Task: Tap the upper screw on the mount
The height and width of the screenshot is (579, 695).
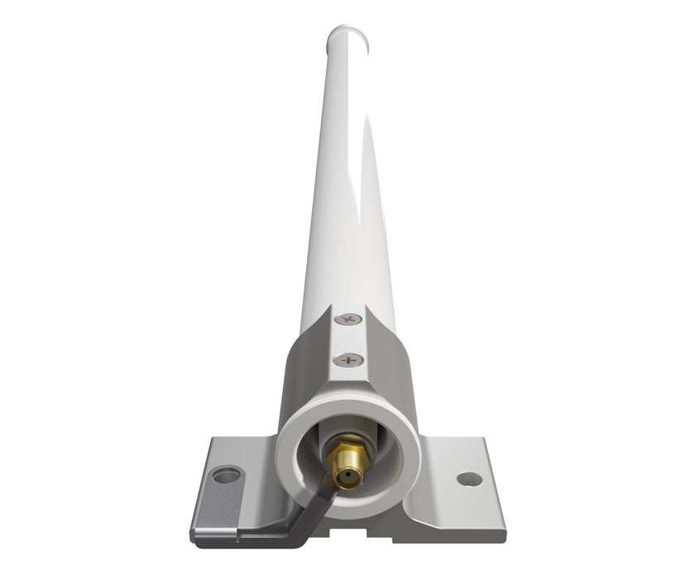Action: pyautogui.click(x=349, y=317)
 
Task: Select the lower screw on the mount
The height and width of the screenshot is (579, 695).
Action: pyautogui.click(x=349, y=359)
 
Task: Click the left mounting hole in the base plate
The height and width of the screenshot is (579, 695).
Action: pyautogui.click(x=225, y=475)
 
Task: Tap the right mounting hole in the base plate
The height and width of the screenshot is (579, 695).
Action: pyautogui.click(x=469, y=479)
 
